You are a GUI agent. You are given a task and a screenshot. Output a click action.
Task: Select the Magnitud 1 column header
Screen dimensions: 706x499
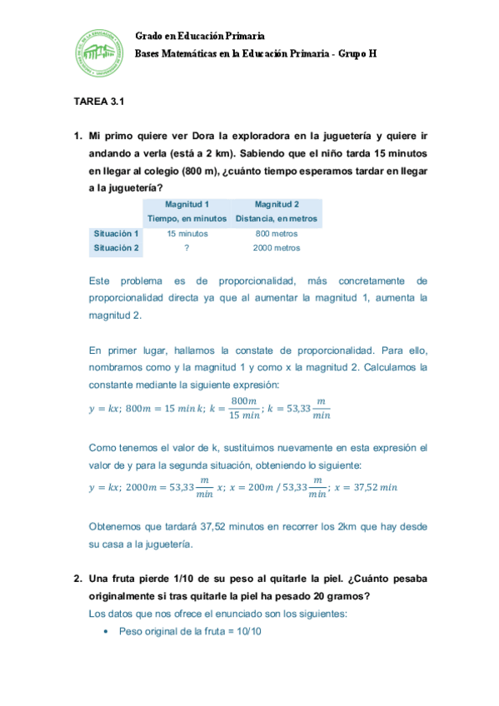click(x=187, y=204)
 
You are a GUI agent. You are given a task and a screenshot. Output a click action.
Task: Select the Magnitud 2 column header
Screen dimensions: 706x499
click(x=277, y=204)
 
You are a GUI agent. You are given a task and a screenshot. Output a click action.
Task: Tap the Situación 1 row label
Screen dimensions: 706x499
click(x=117, y=233)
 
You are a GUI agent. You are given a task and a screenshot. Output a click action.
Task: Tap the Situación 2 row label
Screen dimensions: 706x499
click(x=117, y=247)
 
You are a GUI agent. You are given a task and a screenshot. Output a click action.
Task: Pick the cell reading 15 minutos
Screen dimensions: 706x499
click(x=187, y=233)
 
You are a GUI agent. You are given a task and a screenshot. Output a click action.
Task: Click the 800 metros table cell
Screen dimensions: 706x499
click(x=277, y=233)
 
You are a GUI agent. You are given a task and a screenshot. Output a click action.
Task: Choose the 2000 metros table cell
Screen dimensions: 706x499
click(x=277, y=247)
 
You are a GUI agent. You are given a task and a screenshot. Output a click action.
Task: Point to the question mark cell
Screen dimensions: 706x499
click(x=187, y=247)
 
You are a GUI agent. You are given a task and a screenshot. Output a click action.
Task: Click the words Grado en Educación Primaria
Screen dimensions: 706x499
click(x=200, y=36)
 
